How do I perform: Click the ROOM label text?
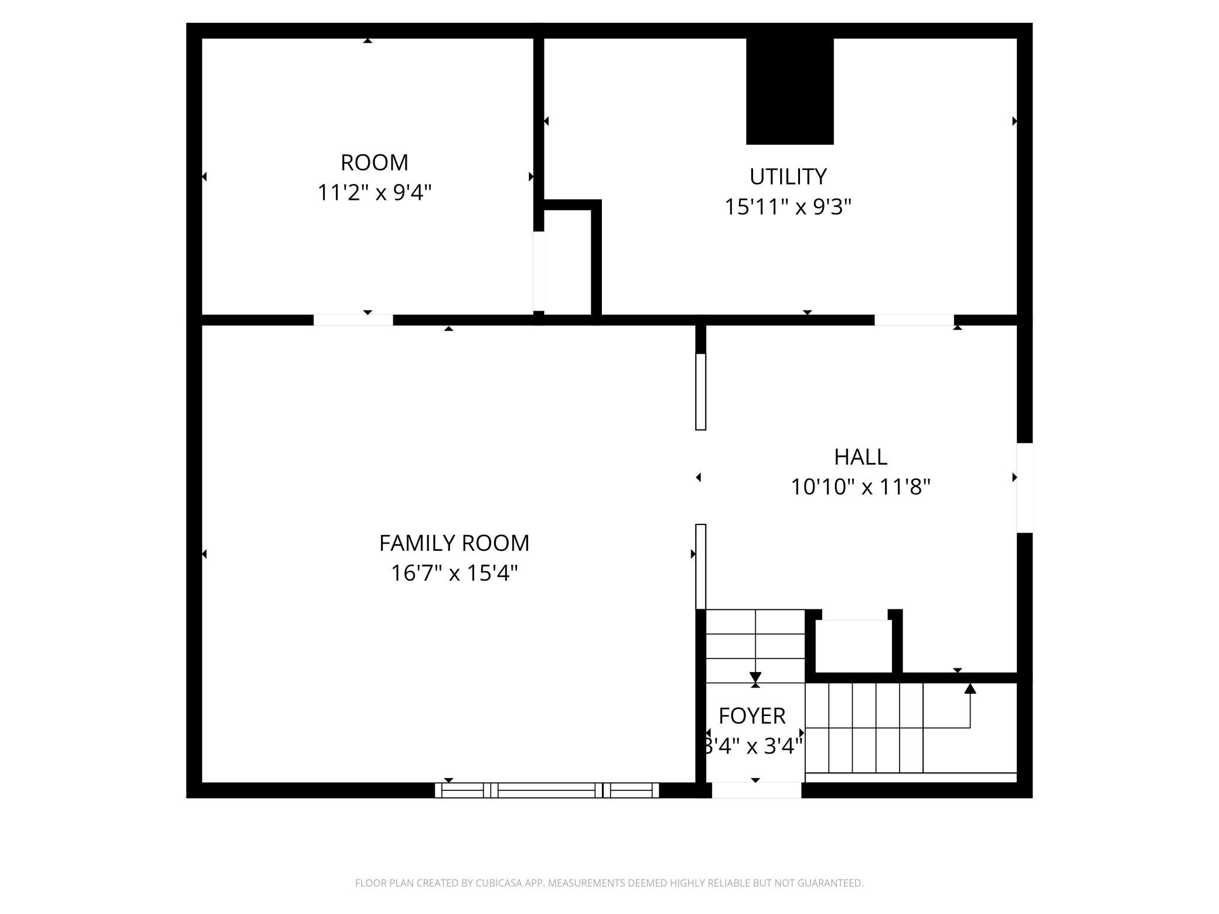point(374,162)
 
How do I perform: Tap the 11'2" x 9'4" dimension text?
point(374,192)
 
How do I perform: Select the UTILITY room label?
point(788,176)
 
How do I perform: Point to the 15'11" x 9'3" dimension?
point(788,207)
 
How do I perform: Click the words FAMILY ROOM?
point(454,543)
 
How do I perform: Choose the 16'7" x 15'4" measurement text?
point(454,573)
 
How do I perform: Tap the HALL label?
point(860,456)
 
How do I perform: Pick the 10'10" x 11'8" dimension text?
point(860,487)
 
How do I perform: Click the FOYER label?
point(752,716)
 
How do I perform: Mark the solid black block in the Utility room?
point(789,91)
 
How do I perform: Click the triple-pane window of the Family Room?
point(547,790)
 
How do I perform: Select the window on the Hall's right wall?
point(1024,487)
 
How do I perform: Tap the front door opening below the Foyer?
point(756,790)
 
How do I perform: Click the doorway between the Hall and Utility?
point(914,320)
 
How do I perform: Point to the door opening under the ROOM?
point(353,320)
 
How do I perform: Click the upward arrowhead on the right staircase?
point(970,688)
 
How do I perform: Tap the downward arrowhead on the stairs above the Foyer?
point(755,677)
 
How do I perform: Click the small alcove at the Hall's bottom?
point(854,646)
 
